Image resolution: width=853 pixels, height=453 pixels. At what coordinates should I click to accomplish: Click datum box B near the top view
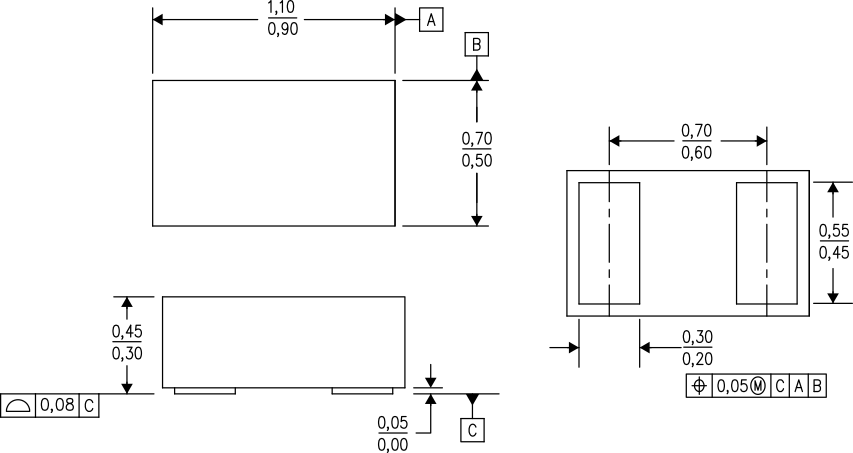[x=477, y=45]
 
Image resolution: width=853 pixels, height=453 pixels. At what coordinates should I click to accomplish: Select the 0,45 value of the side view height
[x=125, y=331]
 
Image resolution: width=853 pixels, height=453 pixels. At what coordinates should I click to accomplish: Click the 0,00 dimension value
[x=392, y=444]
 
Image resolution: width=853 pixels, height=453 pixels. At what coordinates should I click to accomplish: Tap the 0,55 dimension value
[x=833, y=232]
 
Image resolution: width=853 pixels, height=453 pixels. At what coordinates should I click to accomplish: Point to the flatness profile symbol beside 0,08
[x=18, y=405]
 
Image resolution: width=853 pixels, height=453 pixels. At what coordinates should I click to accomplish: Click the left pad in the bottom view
[x=609, y=243]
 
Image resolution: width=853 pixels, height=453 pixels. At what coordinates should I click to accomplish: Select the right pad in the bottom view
[x=766, y=243]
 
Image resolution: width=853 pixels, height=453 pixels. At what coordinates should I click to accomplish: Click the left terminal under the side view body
[x=204, y=391]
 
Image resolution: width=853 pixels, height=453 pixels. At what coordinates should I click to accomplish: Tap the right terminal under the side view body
[x=362, y=391]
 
